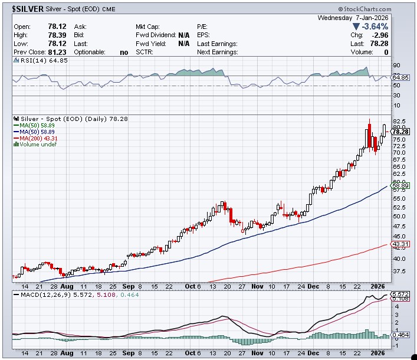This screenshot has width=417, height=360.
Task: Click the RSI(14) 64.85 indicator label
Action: click(37, 60)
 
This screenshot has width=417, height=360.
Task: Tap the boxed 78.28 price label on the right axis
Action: click(400, 131)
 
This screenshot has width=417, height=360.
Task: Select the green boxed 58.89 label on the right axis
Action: click(400, 185)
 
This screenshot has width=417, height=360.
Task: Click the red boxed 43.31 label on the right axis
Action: click(400, 243)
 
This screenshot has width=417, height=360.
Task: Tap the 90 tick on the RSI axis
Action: click(396, 66)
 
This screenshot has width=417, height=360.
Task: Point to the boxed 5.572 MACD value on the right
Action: click(400, 293)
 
